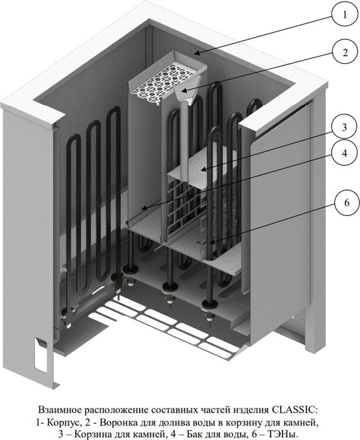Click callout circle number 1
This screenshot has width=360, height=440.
tap(344, 15)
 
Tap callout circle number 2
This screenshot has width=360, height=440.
tap(344, 52)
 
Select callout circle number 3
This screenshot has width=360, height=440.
tap(344, 127)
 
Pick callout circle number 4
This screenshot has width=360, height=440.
tap(344, 153)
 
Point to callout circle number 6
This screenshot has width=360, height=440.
tap(347, 202)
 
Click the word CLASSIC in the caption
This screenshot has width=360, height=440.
tap(295, 410)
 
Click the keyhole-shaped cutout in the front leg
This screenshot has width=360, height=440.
tap(41, 355)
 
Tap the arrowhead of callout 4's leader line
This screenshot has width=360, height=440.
tap(143, 209)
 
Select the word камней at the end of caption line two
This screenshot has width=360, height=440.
tap(304, 422)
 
